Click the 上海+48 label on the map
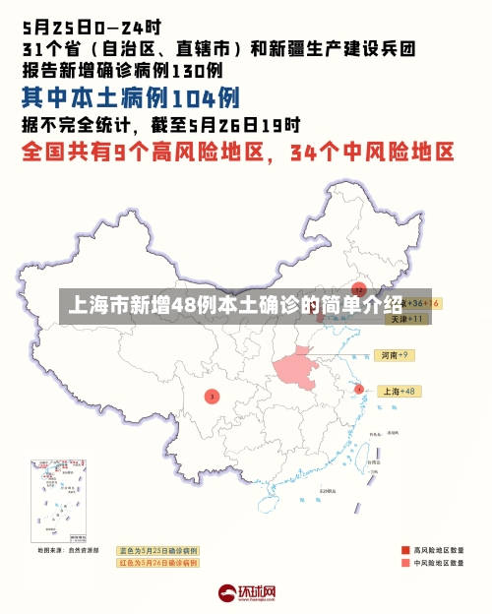pos(400,391)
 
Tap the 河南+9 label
pos(395,354)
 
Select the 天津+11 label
pos(406,319)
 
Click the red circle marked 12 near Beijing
pos(359,291)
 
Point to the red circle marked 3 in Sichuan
pos(212,396)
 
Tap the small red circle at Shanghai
pos(359,390)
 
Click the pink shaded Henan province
pos(301,370)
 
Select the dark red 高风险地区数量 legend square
pos(405,550)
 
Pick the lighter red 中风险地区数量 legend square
pos(405,563)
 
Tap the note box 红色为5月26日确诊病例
pos(157,563)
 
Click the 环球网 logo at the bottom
pos(246,593)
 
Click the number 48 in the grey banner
pos(184,305)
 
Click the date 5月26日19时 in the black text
pos(246,125)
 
